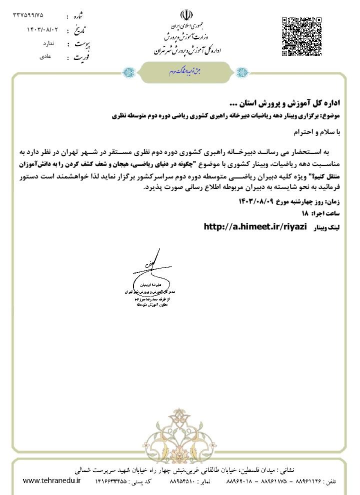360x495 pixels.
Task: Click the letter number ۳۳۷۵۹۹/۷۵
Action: [x=28, y=15]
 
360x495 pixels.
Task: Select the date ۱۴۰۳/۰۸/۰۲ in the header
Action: [x=42, y=29]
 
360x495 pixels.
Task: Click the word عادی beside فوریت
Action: [x=45, y=56]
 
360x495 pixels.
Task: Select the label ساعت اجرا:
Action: [x=325, y=214]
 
